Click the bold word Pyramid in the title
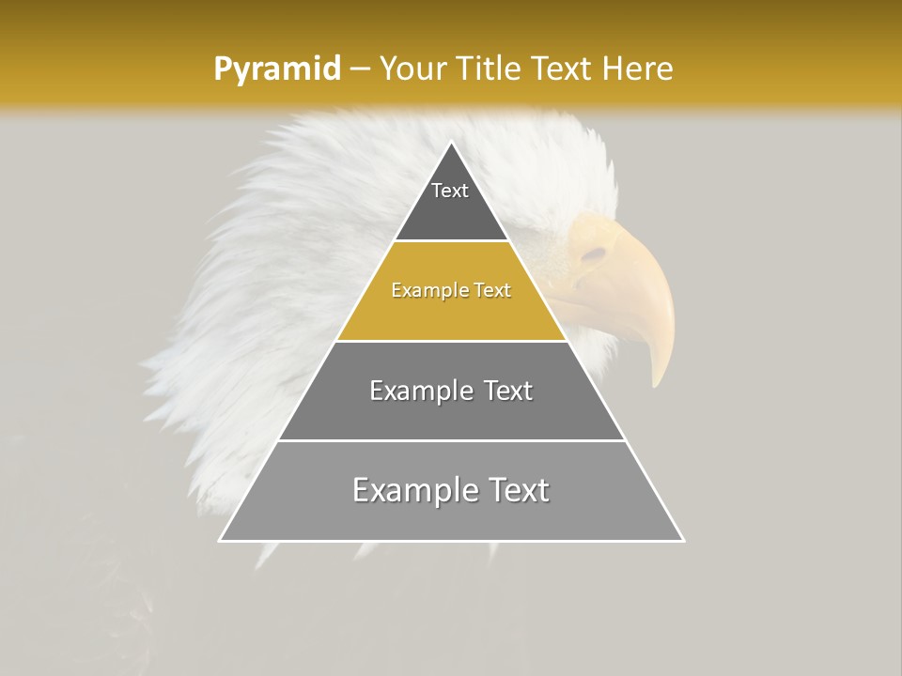click(x=276, y=69)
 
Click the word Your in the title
click(x=412, y=69)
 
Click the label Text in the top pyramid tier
click(x=450, y=191)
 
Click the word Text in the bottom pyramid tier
click(x=516, y=490)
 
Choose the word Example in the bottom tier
click(x=416, y=490)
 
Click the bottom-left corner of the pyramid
click(x=221, y=540)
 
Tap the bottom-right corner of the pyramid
click(x=683, y=540)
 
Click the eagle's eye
click(x=594, y=253)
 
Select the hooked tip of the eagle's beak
click(x=658, y=383)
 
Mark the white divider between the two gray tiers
click(x=451, y=440)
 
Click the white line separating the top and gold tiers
click(x=451, y=241)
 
